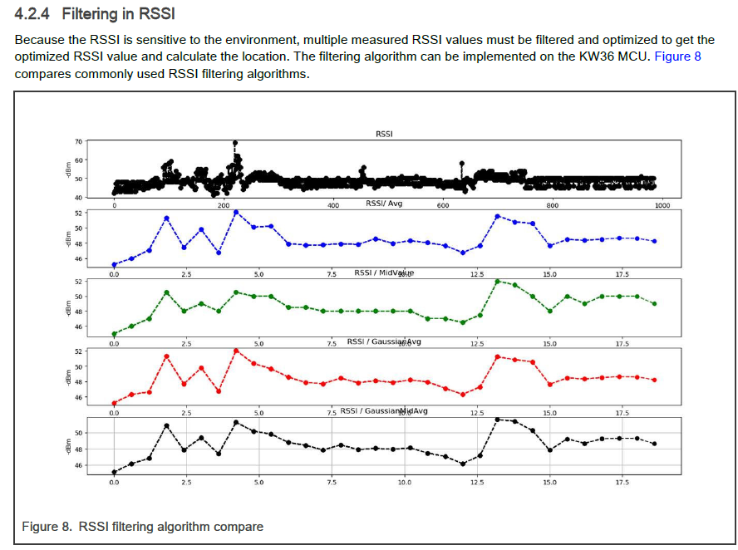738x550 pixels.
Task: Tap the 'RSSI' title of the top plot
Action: pos(384,134)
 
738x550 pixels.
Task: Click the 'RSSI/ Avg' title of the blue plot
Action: pos(384,204)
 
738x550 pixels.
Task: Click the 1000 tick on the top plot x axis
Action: pos(662,204)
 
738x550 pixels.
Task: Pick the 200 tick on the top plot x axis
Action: pos(224,204)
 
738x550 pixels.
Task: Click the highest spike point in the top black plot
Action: pos(235,143)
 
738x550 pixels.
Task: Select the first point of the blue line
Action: pos(114,265)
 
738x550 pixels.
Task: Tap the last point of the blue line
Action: pos(655,241)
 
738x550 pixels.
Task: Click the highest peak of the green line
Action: pos(497,281)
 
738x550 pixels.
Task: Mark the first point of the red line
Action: pos(114,403)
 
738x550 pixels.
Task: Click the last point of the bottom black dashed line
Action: pos(655,444)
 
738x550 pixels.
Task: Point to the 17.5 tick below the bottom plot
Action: pos(622,482)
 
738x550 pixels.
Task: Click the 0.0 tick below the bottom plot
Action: pos(114,482)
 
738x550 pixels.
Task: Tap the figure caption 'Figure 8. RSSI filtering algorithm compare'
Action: pos(142,527)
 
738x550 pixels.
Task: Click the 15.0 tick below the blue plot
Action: pos(549,273)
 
